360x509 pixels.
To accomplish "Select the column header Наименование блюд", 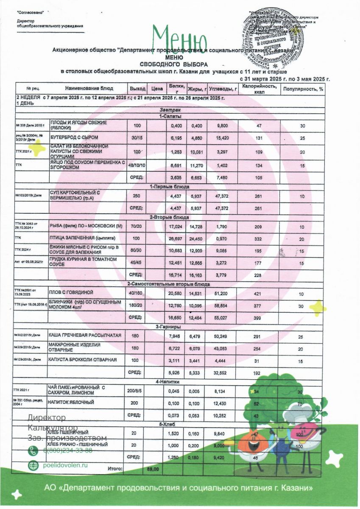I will pyautogui.click(x=89, y=88).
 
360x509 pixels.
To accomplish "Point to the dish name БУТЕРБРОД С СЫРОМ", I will pyautogui.click(x=74, y=137).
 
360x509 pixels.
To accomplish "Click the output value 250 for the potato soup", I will pyautogui.click(x=137, y=196).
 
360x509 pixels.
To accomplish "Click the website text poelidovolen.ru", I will pyautogui.click(x=65, y=465).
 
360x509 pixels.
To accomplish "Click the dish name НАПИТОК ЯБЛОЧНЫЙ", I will pyautogui.click(x=71, y=402).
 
